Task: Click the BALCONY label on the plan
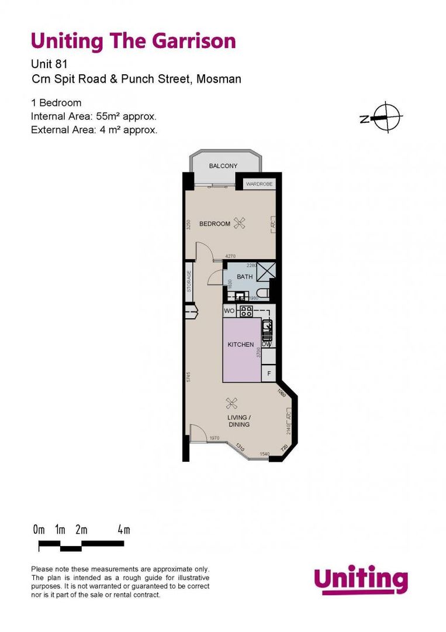coord(223,166)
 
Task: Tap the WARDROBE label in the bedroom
coord(258,184)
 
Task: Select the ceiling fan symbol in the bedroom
coord(239,223)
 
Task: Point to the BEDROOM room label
coord(215,224)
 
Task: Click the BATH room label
coord(244,277)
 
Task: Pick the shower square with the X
coord(266,273)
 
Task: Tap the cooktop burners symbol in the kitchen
coord(246,311)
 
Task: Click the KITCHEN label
coord(240,345)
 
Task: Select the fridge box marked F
coord(269,373)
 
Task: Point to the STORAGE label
coord(189,281)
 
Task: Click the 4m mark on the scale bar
coord(123,530)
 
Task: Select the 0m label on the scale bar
coord(39,530)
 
